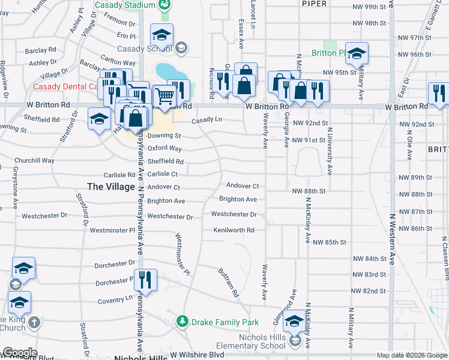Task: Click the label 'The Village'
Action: [x=111, y=187]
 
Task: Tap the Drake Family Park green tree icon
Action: [x=182, y=322]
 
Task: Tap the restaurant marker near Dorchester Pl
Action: [x=145, y=280]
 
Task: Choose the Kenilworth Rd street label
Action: [x=234, y=230]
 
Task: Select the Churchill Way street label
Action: [x=34, y=161]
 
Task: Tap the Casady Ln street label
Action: [x=207, y=120]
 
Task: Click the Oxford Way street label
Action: [x=164, y=148]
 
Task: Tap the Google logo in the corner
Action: [x=19, y=353]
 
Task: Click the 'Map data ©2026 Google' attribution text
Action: [x=411, y=355]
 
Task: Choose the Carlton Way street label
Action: [x=118, y=62]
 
